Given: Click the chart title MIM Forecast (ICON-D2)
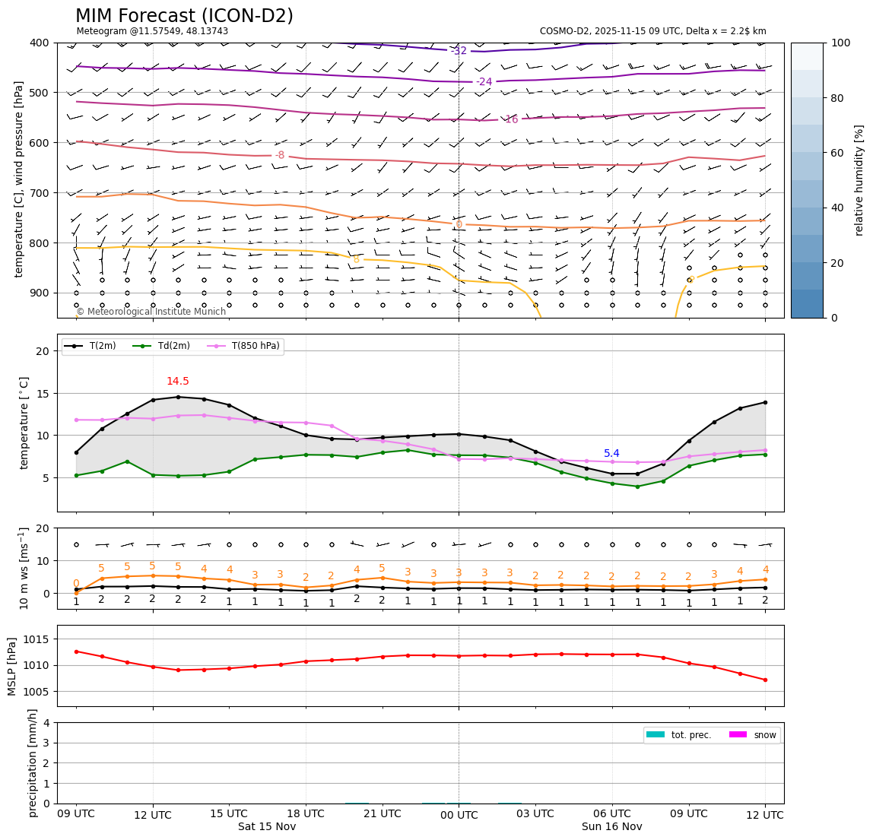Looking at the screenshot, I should [184, 16].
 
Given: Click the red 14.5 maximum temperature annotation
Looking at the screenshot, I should [178, 382].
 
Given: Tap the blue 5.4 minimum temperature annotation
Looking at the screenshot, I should [611, 454].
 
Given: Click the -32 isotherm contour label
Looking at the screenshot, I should [459, 51].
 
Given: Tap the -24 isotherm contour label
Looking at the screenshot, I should [484, 81].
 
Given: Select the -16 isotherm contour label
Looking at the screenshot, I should [510, 119].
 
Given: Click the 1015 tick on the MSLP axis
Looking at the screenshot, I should [37, 639].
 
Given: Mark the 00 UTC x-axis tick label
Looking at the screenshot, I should [459, 814].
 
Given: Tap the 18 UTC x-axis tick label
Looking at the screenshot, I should [306, 813].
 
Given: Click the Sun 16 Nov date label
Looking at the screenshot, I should [611, 826].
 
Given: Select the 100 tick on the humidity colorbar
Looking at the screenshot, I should [840, 43].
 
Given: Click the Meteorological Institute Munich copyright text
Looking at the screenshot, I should [151, 312].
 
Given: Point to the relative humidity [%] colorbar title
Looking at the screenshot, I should [860, 180].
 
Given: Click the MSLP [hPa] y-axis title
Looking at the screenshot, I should [12, 666].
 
